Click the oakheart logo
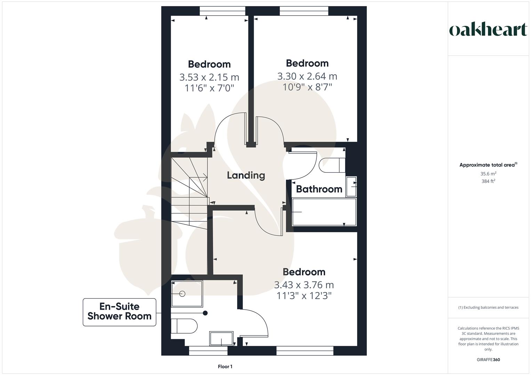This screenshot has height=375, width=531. point(488,30)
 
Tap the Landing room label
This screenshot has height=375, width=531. point(246,175)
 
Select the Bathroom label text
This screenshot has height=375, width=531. point(319,189)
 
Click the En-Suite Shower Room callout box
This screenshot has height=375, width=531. point(119,312)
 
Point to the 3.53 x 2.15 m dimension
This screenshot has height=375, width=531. point(209,77)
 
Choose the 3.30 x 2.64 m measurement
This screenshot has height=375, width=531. point(307,76)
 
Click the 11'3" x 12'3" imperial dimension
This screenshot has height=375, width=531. point(304,296)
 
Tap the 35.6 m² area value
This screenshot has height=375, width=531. point(488,174)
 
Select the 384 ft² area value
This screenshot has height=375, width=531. point(488,181)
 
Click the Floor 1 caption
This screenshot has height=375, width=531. point(225,367)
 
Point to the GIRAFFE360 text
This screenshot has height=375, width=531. point(488,360)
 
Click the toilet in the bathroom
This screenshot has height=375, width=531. point(332,165)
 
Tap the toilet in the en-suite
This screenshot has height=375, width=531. point(184,326)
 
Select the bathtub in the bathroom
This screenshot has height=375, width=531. point(324,212)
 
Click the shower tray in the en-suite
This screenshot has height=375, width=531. point(187,294)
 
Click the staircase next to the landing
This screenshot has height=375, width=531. point(189,194)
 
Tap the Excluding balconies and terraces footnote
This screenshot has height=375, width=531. point(488,307)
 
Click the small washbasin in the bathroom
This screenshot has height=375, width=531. point(351,187)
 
